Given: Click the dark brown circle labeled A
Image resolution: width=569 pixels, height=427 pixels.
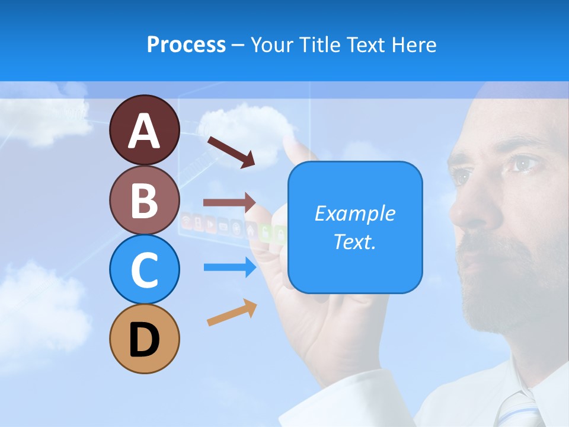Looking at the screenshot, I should tap(144, 130).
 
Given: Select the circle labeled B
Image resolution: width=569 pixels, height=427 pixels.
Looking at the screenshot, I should tap(144, 200).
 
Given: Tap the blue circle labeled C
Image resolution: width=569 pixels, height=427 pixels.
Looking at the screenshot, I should tap(144, 269).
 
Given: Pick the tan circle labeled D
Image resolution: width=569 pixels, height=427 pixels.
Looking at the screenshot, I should tap(144, 339).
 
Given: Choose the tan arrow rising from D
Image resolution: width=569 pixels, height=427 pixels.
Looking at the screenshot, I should tap(232, 313).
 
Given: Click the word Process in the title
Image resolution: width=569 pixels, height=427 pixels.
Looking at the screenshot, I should tap(186, 44).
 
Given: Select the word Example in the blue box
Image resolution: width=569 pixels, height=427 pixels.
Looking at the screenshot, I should tap(354, 213).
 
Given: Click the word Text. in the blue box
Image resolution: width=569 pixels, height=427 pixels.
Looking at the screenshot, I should tap(354, 241).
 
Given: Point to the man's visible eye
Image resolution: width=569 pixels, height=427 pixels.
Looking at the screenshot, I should tap(522, 163).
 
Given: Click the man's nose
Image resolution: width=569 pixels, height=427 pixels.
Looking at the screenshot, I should tap(465, 208).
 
